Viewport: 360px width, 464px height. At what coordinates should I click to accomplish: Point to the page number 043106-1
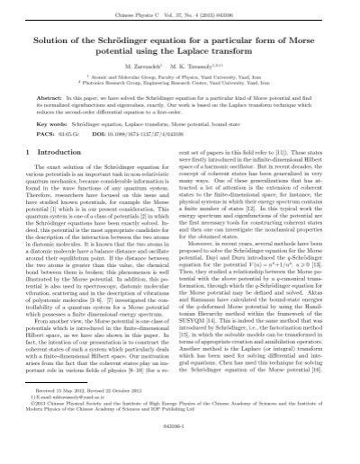point(180,451)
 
